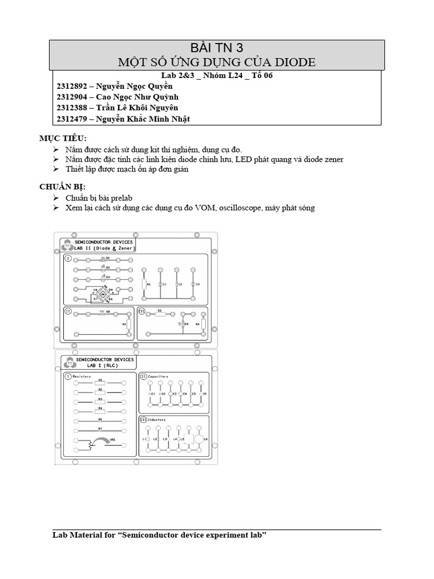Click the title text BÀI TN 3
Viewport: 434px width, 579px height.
click(218, 47)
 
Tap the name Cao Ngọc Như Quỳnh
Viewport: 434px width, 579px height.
click(133, 97)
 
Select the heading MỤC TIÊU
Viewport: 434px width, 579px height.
click(63, 139)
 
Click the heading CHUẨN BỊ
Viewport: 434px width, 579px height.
click(62, 187)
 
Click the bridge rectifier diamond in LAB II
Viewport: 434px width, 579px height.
click(103, 293)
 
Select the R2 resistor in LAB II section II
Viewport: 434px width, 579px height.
click(124, 324)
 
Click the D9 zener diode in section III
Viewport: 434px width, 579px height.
click(182, 325)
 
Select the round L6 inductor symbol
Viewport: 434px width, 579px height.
click(198, 439)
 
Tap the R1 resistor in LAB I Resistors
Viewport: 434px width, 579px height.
click(100, 382)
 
